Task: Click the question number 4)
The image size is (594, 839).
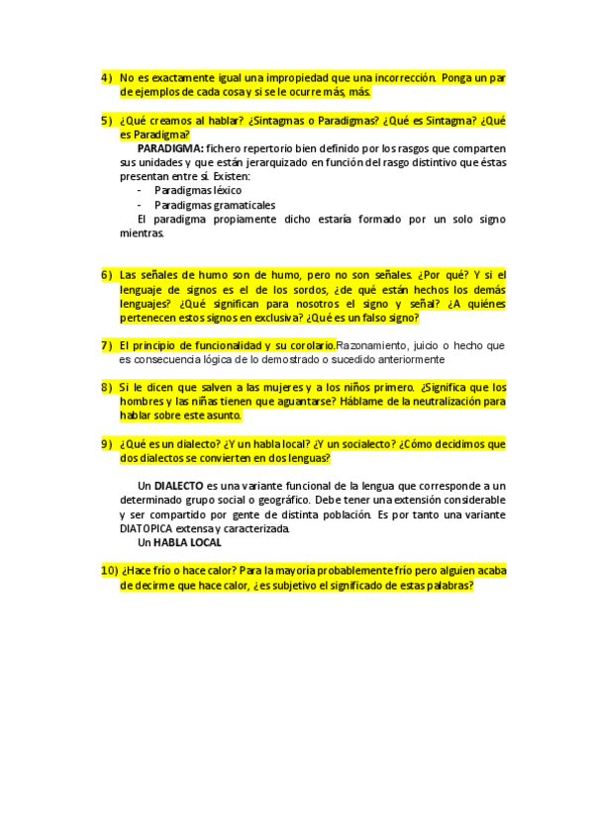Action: (107, 76)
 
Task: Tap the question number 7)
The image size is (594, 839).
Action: (107, 345)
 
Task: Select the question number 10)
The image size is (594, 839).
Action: (109, 571)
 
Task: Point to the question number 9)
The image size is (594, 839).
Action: (107, 444)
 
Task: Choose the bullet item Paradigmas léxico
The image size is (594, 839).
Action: (198, 190)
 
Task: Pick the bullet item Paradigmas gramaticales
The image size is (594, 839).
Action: (215, 205)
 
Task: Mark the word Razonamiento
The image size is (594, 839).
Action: (371, 345)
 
